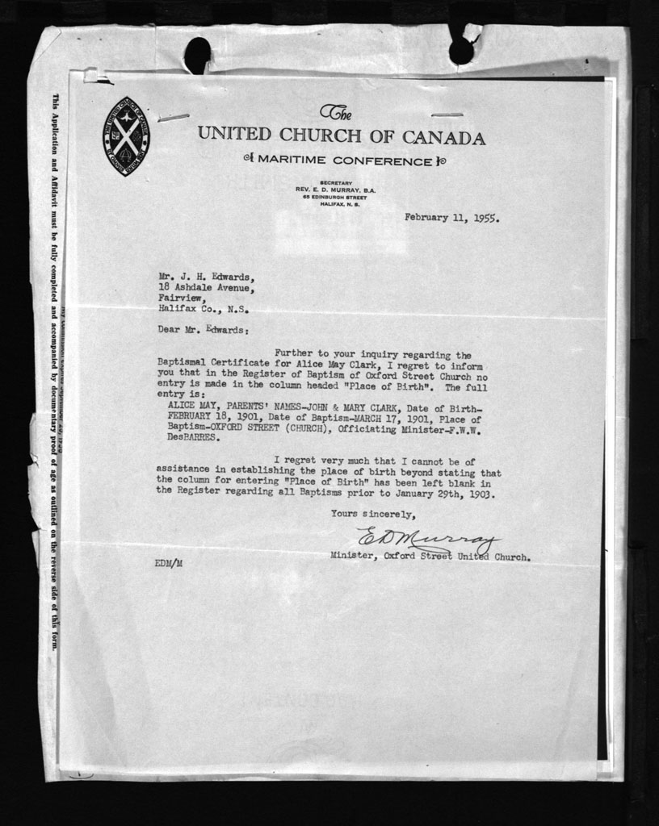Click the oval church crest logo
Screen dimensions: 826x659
tap(126, 131)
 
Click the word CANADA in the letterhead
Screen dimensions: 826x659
tap(444, 137)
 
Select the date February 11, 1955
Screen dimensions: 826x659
tap(451, 217)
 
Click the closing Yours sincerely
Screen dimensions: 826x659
tap(373, 514)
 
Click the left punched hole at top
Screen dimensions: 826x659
tap(197, 55)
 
